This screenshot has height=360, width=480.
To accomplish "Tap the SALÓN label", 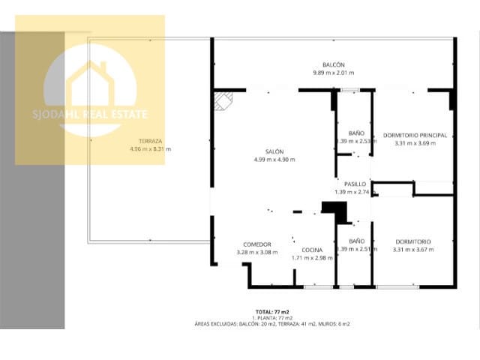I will pyautogui.click(x=274, y=151).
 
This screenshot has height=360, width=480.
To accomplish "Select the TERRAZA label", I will pyautogui.click(x=151, y=141).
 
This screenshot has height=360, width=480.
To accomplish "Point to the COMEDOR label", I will pyautogui.click(x=256, y=244).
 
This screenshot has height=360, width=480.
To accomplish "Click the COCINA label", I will pyautogui.click(x=312, y=250).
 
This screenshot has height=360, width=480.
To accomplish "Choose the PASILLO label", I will pyautogui.click(x=355, y=184).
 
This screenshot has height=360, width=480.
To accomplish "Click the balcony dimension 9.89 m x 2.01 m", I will pyautogui.click(x=334, y=73).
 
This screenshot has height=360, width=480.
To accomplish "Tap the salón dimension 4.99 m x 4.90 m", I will pyautogui.click(x=274, y=159).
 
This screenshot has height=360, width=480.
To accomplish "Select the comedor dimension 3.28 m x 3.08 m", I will pyautogui.click(x=256, y=252).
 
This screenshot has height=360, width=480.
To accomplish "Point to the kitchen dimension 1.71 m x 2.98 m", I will pyautogui.click(x=312, y=257).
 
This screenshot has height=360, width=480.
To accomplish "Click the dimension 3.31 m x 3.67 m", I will pyautogui.click(x=413, y=249).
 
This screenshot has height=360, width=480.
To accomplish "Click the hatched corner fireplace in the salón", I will pyautogui.click(x=223, y=100).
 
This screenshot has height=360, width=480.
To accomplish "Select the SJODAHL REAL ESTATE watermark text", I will pyautogui.click(x=90, y=115).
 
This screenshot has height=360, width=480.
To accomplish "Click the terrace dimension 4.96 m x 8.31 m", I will pyautogui.click(x=151, y=148).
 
